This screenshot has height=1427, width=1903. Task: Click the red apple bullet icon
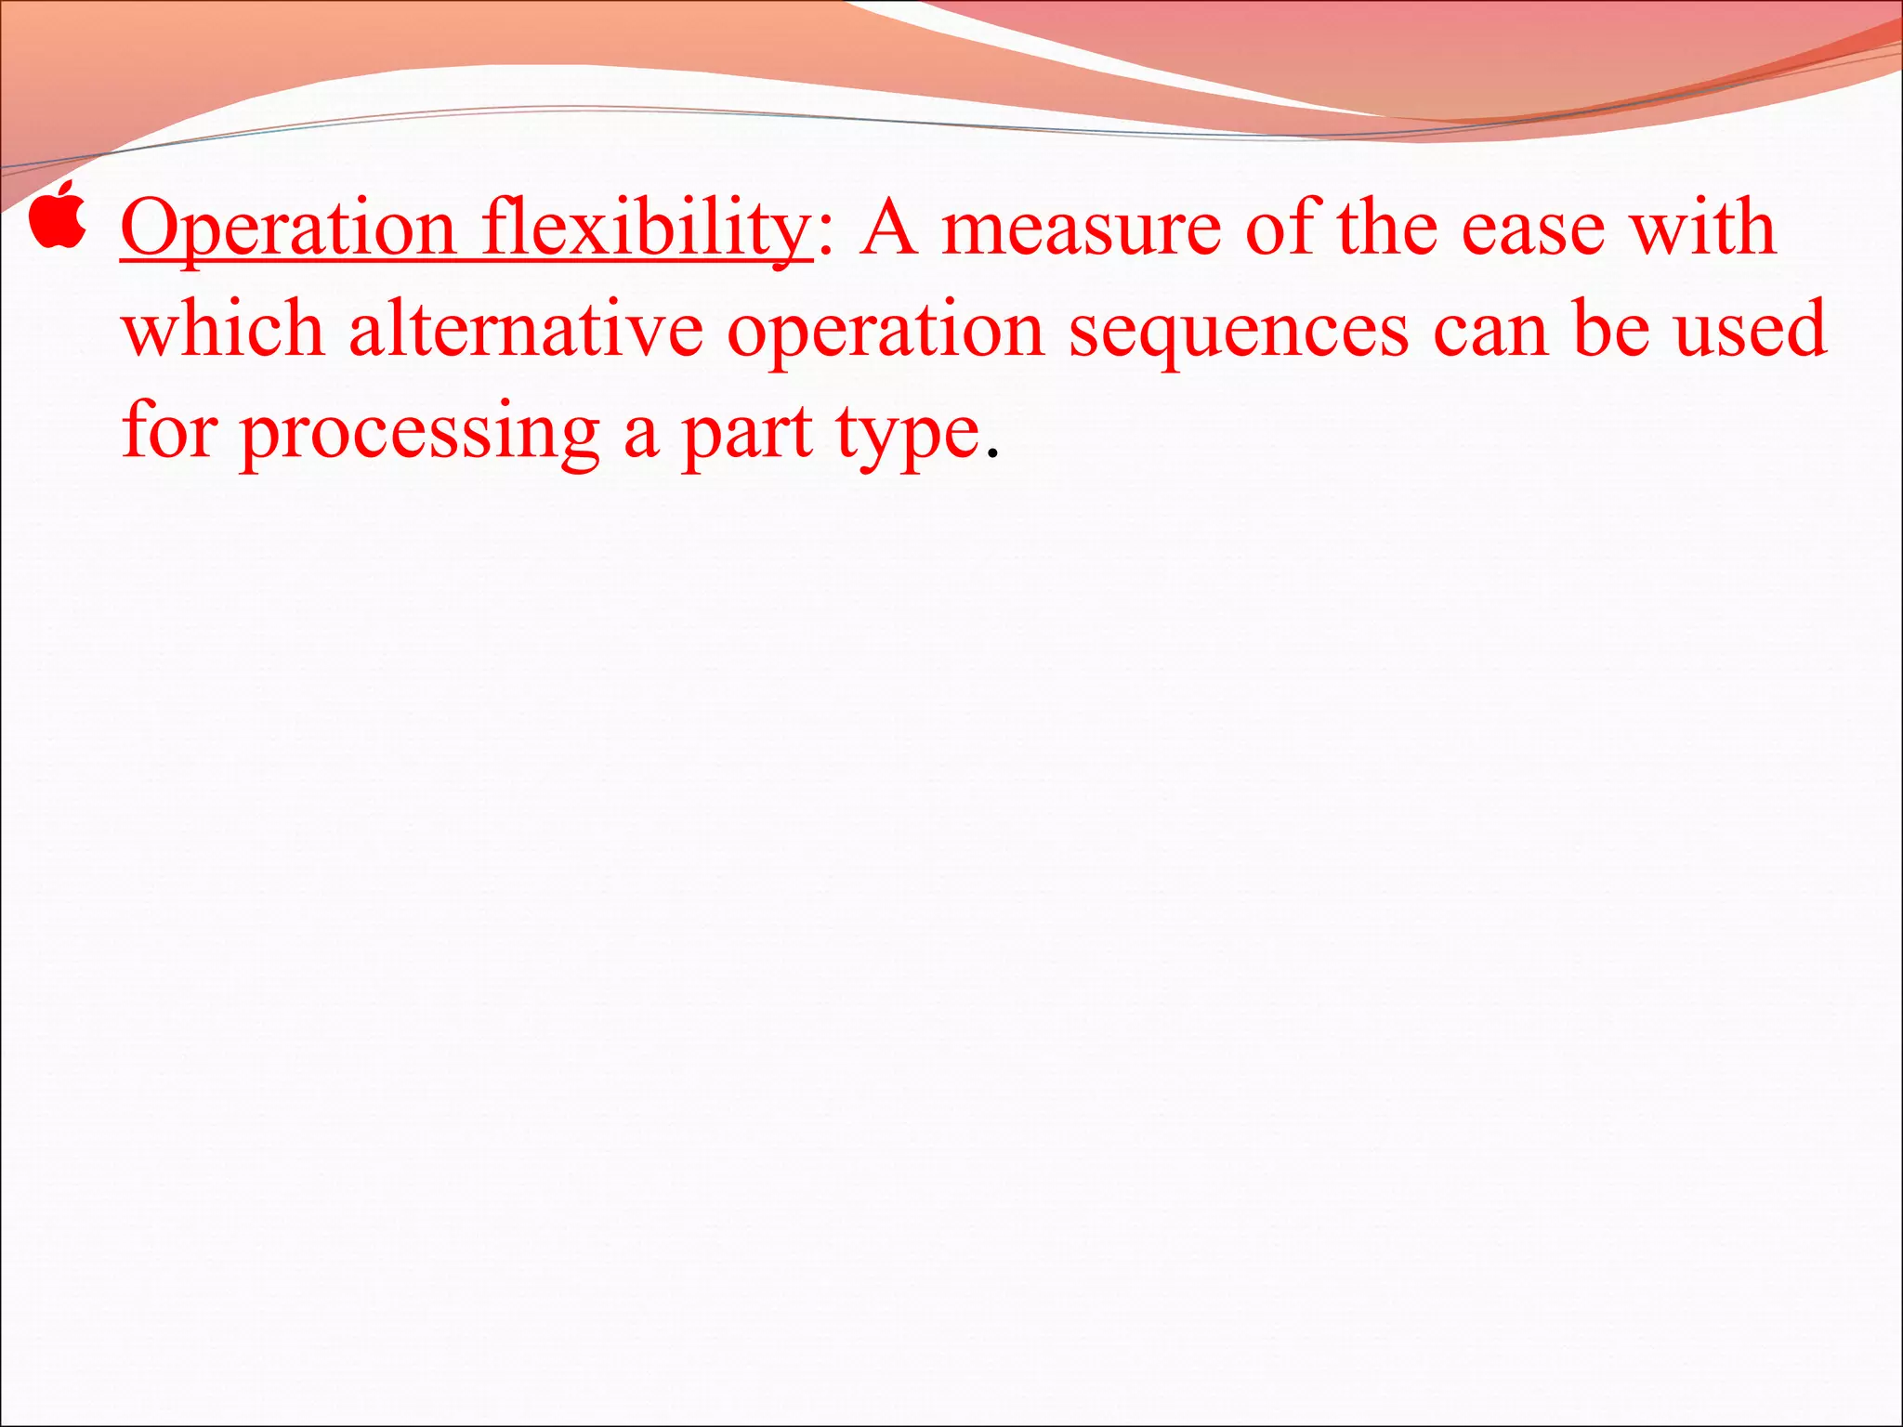(x=58, y=216)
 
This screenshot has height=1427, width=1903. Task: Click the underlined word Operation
(x=288, y=229)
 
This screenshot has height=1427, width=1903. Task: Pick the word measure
(x=1081, y=229)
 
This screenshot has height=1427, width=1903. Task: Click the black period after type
(x=992, y=455)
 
